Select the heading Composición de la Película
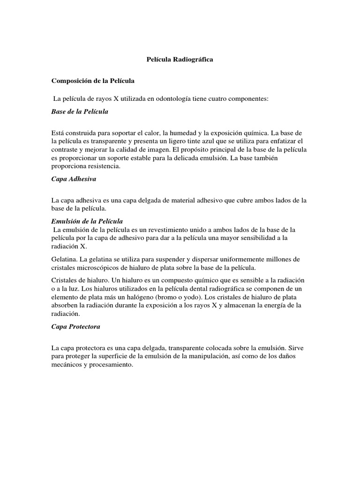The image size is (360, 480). click(93, 81)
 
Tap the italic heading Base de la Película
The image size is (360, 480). click(80, 112)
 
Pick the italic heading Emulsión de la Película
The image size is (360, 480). click(87, 221)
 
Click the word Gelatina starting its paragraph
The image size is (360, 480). click(64, 259)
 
